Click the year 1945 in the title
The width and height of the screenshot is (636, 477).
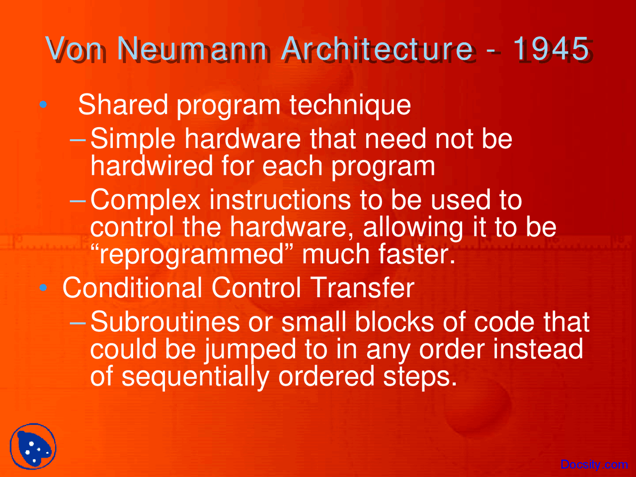pos(551,49)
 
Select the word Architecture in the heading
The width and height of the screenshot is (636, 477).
pos(377,48)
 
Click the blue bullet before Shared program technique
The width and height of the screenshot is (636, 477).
pos(43,104)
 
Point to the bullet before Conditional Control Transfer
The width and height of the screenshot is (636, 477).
pos(43,287)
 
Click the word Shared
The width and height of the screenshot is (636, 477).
pos(123,104)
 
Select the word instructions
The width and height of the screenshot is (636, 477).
pos(280,200)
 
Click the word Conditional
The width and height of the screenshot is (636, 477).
pos(132,288)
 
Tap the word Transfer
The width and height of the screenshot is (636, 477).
pos(364,288)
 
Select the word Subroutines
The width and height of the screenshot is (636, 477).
pos(165,321)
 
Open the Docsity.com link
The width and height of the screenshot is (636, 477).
pos(594,465)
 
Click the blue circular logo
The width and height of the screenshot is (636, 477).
pos(33,446)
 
